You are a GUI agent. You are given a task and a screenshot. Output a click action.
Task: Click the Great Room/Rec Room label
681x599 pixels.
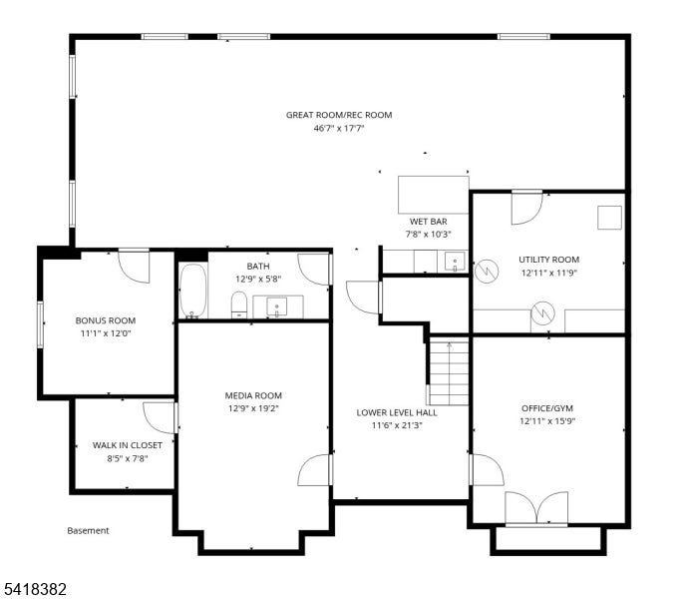click(339, 115)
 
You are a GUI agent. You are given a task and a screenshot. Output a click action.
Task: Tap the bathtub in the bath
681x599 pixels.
click(192, 291)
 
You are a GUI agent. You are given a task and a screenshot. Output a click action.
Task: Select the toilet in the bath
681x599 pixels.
click(239, 304)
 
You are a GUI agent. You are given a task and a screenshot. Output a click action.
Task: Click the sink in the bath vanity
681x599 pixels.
click(276, 307)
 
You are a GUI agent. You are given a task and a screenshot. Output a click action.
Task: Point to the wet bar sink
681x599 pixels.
click(455, 262)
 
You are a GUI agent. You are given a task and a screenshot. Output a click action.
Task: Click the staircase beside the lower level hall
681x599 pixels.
click(449, 372)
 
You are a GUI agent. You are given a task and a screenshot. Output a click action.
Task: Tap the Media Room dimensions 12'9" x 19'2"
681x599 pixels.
click(253, 408)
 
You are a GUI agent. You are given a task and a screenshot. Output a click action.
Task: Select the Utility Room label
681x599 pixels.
click(549, 260)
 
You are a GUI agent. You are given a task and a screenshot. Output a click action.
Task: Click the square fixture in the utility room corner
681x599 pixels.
click(610, 218)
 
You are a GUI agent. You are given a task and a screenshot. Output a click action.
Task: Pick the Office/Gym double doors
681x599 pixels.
click(536, 508)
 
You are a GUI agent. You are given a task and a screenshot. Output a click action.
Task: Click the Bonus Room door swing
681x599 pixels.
click(134, 267)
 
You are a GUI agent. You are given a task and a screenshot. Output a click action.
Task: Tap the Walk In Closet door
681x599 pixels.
click(159, 418)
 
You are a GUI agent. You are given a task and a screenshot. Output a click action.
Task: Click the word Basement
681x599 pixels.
click(88, 531)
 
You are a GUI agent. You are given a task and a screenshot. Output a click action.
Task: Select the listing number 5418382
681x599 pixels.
click(36, 589)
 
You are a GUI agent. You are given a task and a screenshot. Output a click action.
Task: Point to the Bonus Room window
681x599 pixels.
click(41, 324)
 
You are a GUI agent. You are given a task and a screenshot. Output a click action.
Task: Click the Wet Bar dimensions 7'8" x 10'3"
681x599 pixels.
click(429, 235)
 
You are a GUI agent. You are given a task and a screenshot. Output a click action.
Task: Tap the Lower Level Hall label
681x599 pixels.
click(397, 413)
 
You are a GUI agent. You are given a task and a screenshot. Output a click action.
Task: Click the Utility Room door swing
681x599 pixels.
click(527, 208)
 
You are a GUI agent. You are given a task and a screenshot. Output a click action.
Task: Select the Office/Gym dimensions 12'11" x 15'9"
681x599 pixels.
click(547, 421)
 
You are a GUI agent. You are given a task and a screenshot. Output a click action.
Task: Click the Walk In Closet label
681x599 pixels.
click(128, 445)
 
